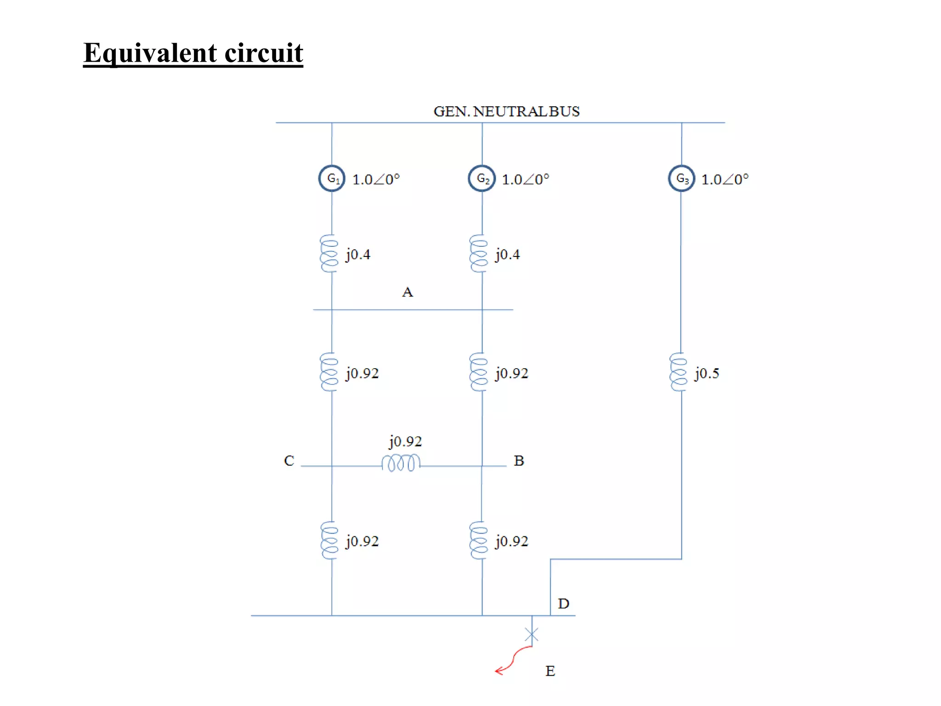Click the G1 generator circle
click(332, 178)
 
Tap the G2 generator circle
click(482, 178)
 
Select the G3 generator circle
click(681, 178)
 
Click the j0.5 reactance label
click(707, 373)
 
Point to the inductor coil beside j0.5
click(678, 372)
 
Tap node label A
click(407, 292)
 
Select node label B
click(519, 461)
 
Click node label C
click(289, 461)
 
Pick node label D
click(563, 604)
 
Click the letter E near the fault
click(550, 671)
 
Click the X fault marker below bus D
click(532, 635)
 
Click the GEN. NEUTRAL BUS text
click(506, 112)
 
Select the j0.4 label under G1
click(358, 254)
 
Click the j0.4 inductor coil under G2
click(478, 253)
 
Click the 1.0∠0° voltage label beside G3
click(725, 179)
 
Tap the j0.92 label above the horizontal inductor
click(405, 441)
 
